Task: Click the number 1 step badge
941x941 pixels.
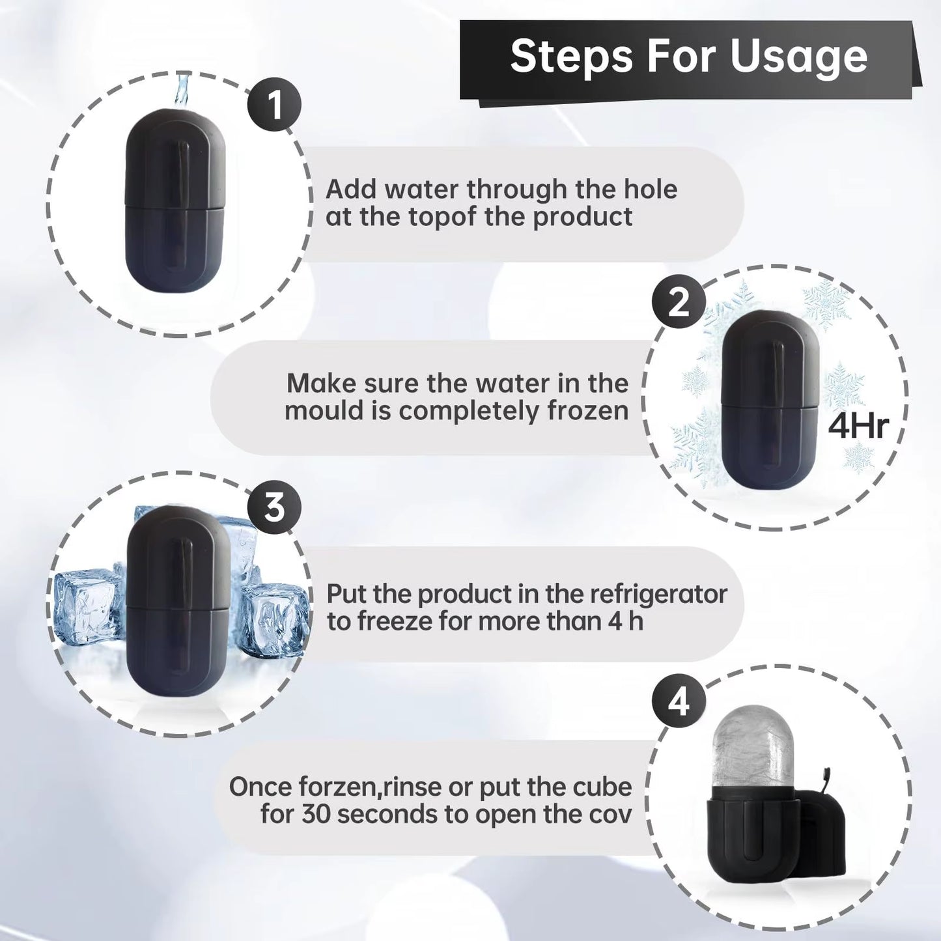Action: (x=274, y=104)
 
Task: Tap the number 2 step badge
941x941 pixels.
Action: (x=678, y=302)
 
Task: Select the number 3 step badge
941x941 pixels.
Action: (x=274, y=506)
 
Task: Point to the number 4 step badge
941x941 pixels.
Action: (x=678, y=703)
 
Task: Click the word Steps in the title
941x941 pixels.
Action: (x=571, y=57)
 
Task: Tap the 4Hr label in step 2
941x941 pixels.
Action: (x=858, y=427)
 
